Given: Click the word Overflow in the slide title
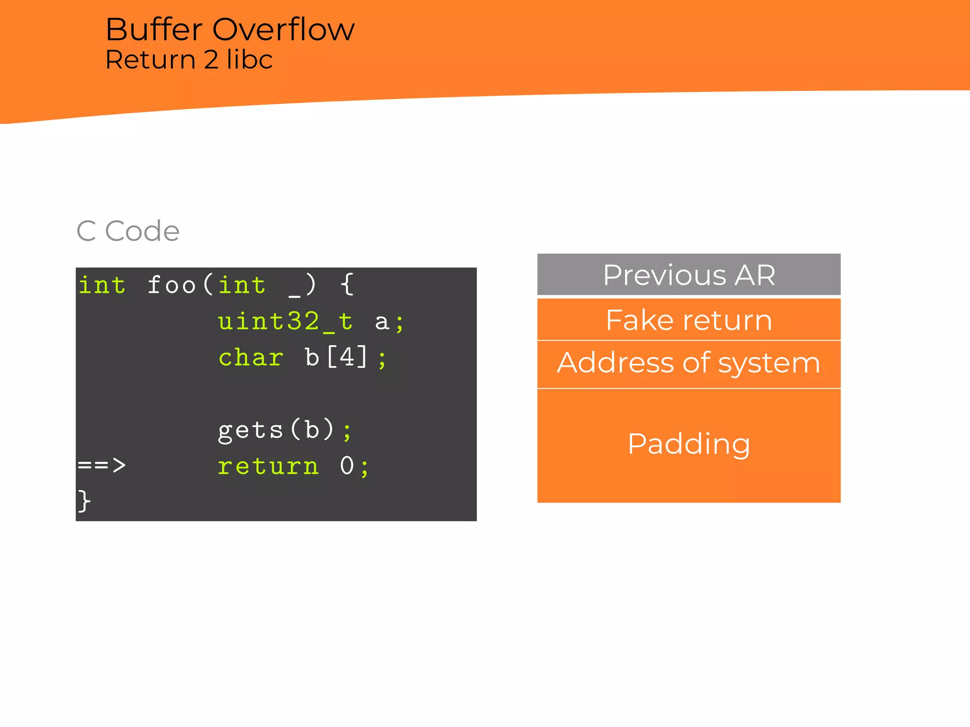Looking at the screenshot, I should coord(283,30).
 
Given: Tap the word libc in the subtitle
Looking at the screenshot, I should coord(249,60).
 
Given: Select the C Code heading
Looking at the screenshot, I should coord(128,231).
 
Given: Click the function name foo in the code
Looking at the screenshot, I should coord(171,285).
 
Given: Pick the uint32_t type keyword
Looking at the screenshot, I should coord(285,321).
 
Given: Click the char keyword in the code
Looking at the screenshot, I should coord(251,357).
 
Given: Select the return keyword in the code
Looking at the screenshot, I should coord(268,466).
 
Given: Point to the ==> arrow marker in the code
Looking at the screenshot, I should coord(102,465).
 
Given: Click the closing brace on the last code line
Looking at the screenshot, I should coord(84,501).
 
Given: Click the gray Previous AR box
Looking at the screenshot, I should coord(689,275).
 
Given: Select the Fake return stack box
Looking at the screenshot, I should coord(689,320).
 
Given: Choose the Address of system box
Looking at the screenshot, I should coord(689,363).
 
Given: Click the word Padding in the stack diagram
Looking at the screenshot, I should coord(689,444).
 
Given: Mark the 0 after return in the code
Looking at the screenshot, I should coord(347,466).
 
